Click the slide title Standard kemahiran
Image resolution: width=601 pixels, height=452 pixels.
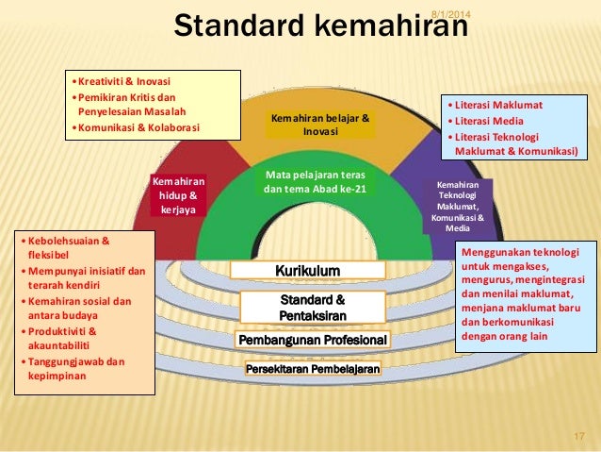(x=320, y=27)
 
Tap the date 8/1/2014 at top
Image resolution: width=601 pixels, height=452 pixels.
(x=449, y=11)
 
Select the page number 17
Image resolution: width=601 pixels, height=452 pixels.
(x=579, y=436)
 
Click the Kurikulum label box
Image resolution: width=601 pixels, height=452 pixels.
(x=307, y=271)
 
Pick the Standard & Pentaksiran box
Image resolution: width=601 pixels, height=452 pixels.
(x=313, y=307)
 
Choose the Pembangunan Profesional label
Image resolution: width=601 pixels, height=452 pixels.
(x=313, y=339)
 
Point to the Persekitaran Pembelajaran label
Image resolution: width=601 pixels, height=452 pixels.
(x=313, y=369)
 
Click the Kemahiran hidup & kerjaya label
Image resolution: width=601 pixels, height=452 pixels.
(x=178, y=194)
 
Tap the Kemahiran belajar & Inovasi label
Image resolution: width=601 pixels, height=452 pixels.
(x=320, y=125)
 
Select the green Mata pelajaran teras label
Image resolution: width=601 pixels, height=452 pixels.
(x=315, y=182)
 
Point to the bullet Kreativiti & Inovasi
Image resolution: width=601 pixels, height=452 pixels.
(x=120, y=80)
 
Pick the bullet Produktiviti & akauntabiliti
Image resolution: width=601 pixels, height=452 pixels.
(x=66, y=339)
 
